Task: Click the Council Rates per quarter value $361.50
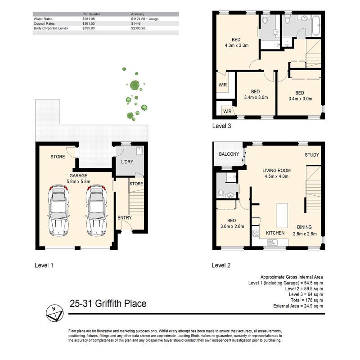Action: point(88,24)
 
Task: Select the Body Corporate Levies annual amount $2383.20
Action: point(138,28)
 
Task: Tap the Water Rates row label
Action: point(43,19)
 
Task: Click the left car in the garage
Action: point(58,211)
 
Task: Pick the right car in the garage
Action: point(96,211)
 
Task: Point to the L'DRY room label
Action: point(127,162)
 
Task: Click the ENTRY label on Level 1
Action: point(125,218)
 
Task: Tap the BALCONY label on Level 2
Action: point(229,154)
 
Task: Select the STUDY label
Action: point(312,155)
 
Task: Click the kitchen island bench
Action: point(282,215)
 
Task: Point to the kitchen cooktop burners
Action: point(256,233)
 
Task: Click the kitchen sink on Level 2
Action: point(272,242)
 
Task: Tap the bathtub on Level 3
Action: point(316,26)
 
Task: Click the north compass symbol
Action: point(54,314)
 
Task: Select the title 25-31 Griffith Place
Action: point(108,303)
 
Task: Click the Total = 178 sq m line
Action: point(307,300)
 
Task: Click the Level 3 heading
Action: point(221,126)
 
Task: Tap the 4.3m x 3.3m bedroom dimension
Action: point(237,45)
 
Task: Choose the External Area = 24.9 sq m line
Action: point(298,306)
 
